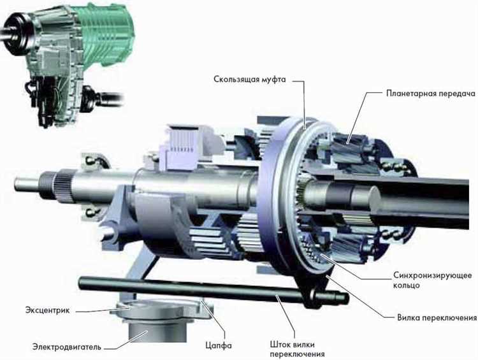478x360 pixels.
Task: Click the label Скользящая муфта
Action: pos(249,80)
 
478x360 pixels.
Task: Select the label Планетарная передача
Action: pos(430,93)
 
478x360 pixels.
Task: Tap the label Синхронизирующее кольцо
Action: pos(432,280)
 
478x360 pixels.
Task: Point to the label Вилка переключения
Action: pos(437,318)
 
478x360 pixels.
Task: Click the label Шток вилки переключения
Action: pos(297,349)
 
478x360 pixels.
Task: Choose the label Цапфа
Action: pos(218,345)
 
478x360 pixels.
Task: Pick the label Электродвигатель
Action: pos(67,347)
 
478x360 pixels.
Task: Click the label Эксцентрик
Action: pos(47,310)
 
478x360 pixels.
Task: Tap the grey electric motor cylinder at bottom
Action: pos(157,331)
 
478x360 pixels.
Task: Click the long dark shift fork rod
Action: pos(214,289)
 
